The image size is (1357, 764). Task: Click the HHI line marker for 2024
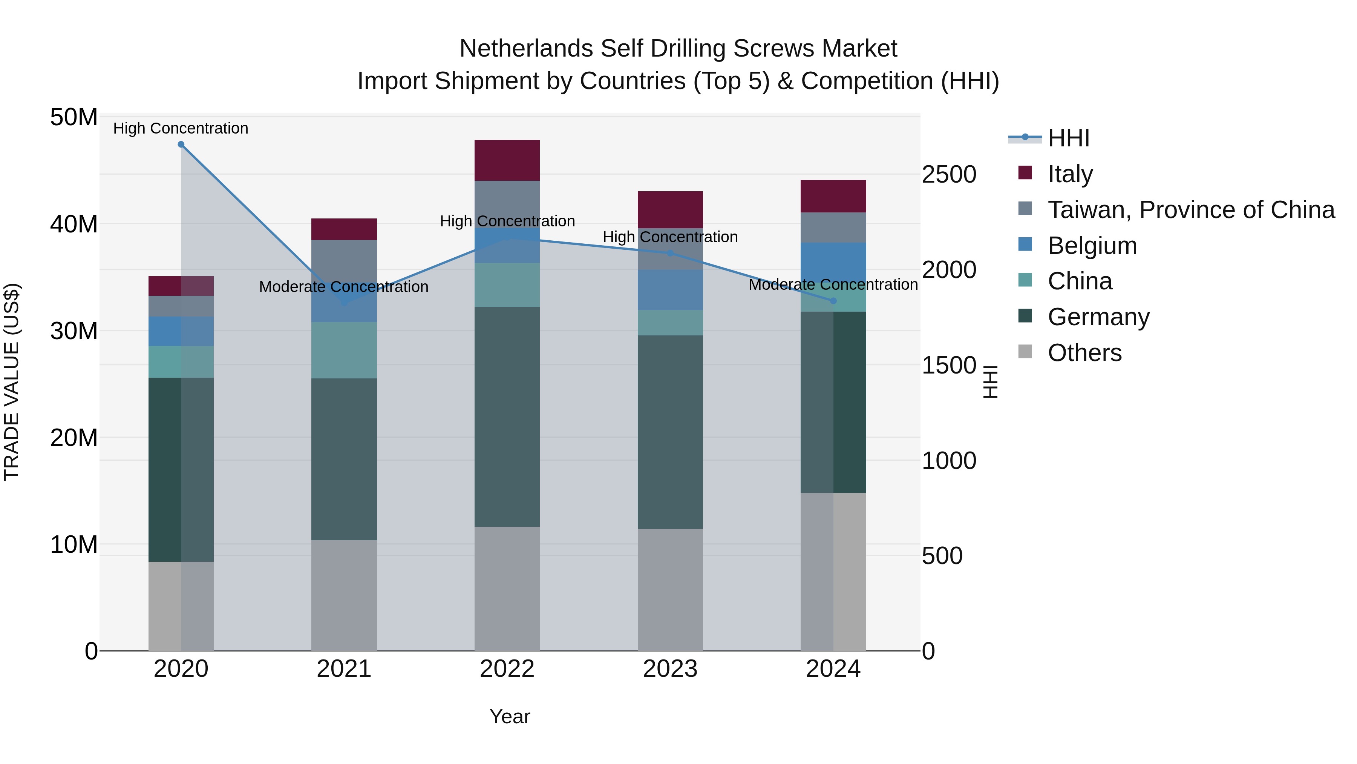tap(833, 301)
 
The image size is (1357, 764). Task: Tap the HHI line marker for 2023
tap(670, 253)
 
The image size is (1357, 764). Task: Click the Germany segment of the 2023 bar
tap(670, 432)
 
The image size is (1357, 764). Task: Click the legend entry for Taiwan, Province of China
tap(1190, 210)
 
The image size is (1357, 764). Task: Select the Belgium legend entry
tap(1092, 246)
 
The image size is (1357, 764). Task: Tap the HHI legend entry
tap(1068, 138)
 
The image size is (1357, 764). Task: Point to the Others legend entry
tap(1084, 353)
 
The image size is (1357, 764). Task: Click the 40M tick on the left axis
tap(74, 224)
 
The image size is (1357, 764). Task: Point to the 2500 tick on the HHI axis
tap(949, 175)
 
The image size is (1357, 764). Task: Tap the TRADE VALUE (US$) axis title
tap(12, 382)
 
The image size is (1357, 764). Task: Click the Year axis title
tap(509, 716)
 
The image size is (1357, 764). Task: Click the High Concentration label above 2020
tap(181, 128)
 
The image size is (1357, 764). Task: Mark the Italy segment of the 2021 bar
tap(344, 229)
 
